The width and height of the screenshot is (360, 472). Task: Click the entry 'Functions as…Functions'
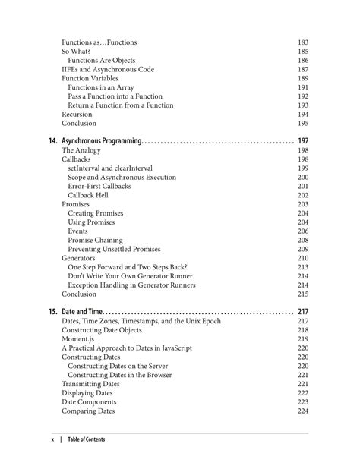(x=99, y=42)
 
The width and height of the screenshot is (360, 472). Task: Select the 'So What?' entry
(x=76, y=52)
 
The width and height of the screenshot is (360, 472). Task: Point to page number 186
(x=303, y=61)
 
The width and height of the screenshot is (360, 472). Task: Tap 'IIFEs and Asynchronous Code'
(x=107, y=70)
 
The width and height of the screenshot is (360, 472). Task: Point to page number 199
(x=303, y=168)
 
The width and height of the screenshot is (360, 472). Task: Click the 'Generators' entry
(x=78, y=258)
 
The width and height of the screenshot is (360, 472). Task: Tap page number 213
(x=303, y=267)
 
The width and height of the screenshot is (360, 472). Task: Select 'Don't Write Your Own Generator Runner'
(x=130, y=276)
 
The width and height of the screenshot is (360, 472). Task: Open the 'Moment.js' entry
(x=79, y=339)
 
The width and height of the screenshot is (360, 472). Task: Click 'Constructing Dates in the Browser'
(x=123, y=375)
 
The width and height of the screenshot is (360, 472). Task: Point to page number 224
(x=303, y=411)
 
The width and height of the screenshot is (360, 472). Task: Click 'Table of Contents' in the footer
(x=86, y=439)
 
